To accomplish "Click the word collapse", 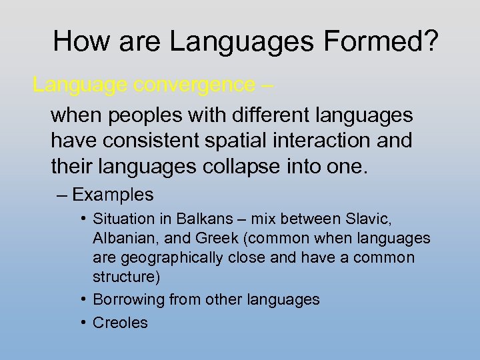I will coord(241,166).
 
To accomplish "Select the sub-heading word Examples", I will coord(113,195).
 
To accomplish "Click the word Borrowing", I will coord(128,300).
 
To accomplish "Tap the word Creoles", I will coord(120,323).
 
